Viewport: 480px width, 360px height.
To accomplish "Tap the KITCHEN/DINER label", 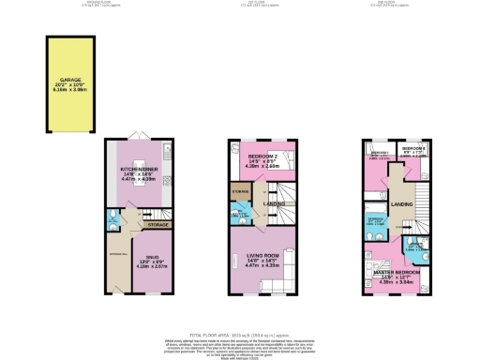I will (x=138, y=171).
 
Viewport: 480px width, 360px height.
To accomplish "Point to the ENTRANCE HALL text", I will (x=116, y=254).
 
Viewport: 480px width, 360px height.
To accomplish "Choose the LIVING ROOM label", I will (x=264, y=260).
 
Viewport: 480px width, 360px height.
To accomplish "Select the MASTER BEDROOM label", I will (x=399, y=274).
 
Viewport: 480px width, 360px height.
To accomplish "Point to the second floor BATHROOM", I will (x=375, y=222).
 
